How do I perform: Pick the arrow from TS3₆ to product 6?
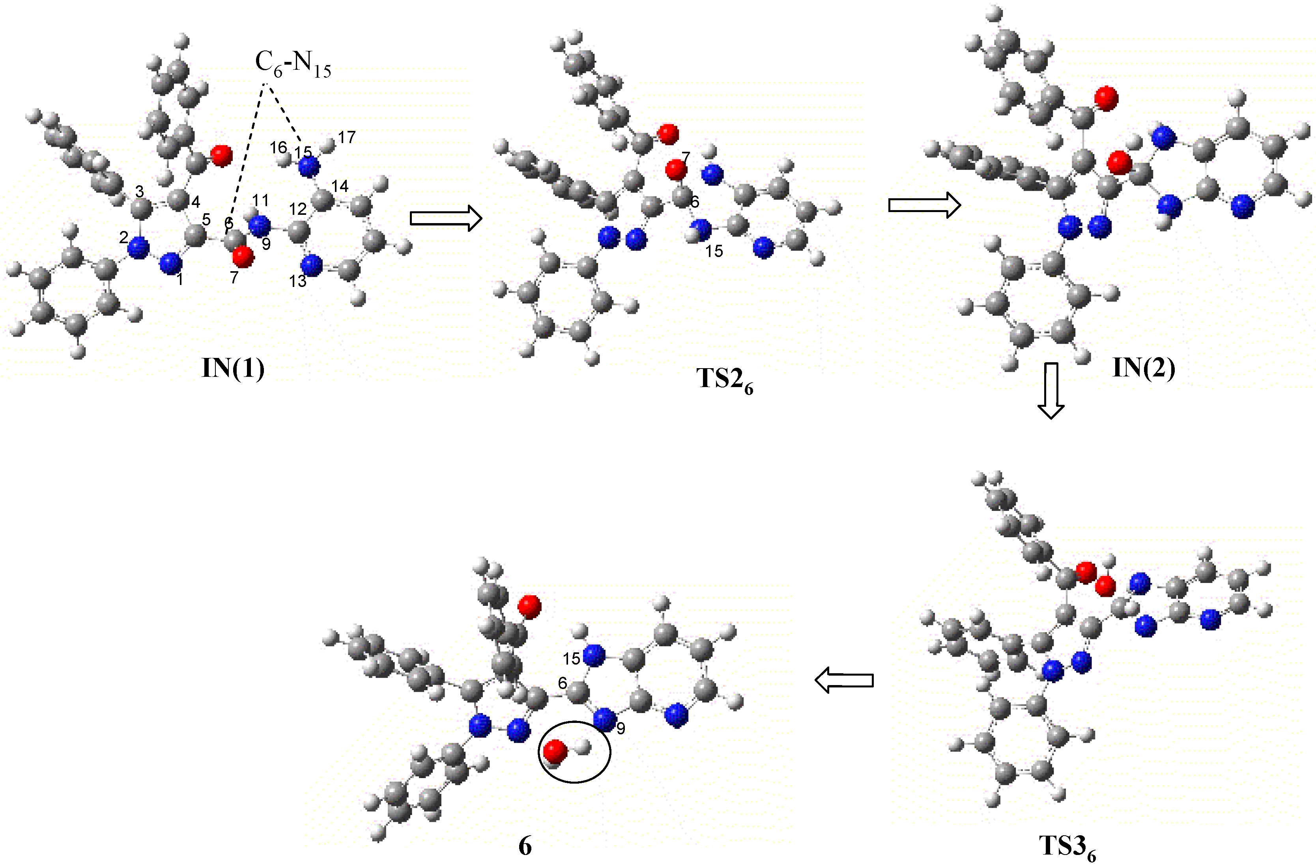(x=844, y=680)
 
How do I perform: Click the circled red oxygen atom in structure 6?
(x=555, y=752)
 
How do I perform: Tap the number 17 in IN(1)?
(x=347, y=137)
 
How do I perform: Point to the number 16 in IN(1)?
(x=278, y=147)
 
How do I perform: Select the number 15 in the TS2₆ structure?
(x=714, y=251)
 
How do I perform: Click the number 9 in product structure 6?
(x=621, y=729)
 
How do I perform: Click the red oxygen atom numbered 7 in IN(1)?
(x=243, y=257)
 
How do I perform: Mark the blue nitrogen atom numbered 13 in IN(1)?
(x=312, y=265)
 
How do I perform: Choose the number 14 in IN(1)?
(x=340, y=186)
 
